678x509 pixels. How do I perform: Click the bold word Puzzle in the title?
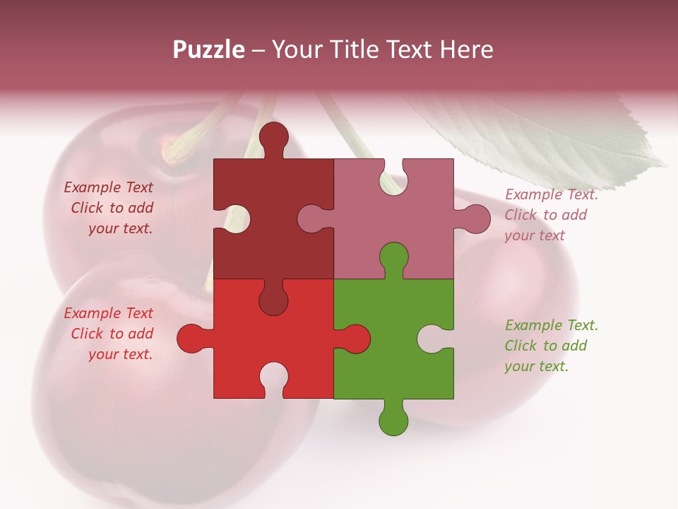208,49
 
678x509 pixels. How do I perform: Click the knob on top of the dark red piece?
273,138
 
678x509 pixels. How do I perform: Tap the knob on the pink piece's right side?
475,219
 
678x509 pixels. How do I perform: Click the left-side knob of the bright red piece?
191,339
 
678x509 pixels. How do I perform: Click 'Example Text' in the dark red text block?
108,187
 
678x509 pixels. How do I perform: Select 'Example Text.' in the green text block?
552,325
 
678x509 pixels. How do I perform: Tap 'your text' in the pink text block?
535,235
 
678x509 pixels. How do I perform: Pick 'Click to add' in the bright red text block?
112,334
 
